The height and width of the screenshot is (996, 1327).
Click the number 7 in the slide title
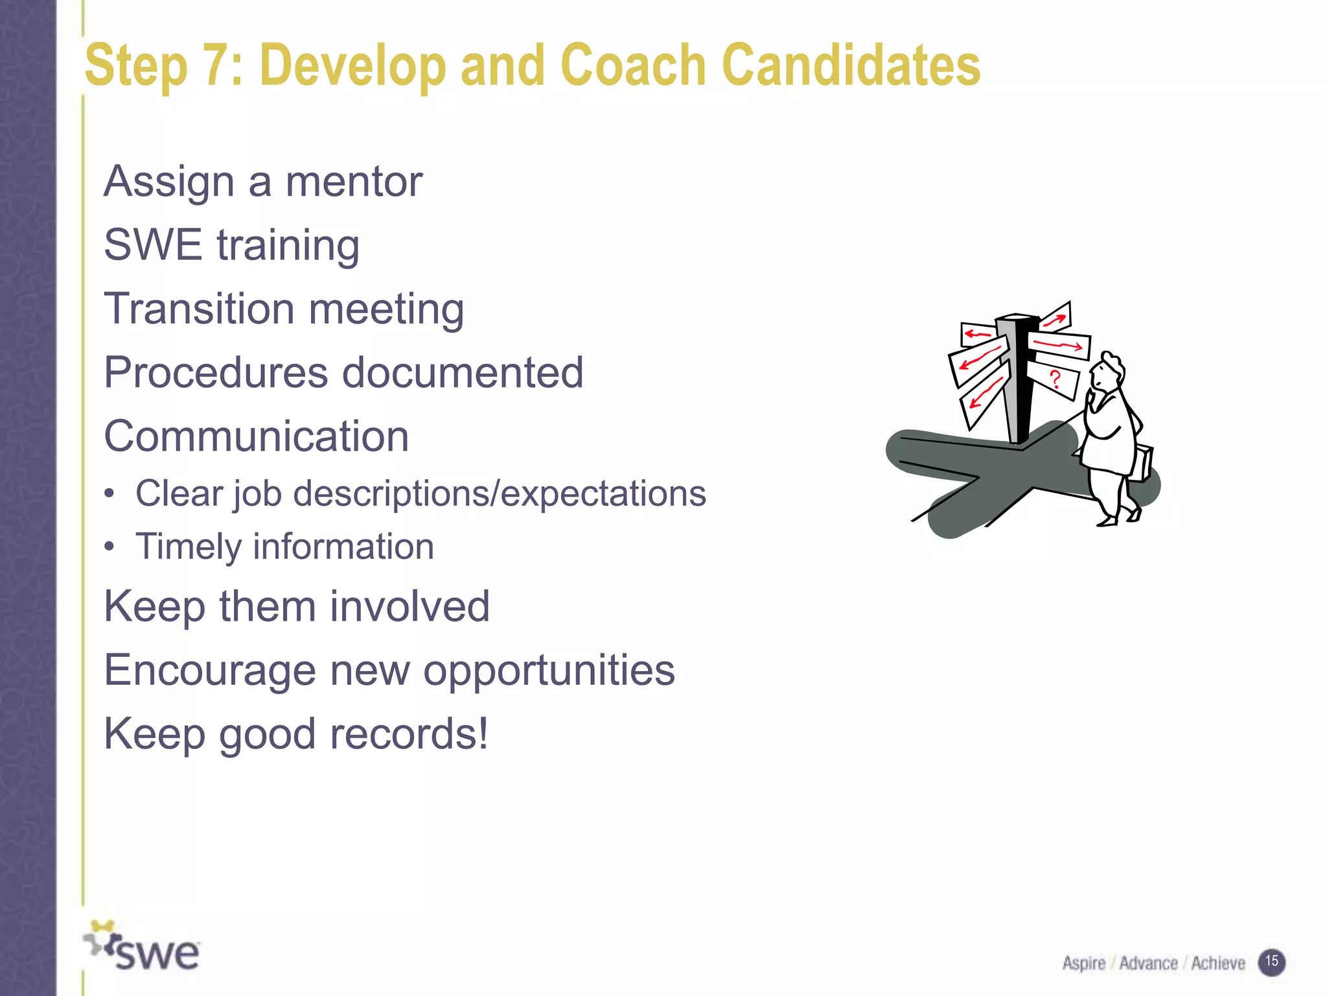(218, 65)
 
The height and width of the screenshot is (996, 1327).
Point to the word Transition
(199, 309)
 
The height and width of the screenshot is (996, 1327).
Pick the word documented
(463, 373)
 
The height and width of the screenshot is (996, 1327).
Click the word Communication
(257, 436)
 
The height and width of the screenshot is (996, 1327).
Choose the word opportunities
(549, 670)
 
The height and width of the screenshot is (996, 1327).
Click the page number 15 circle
(1271, 962)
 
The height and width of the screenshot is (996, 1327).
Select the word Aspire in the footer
(1083, 964)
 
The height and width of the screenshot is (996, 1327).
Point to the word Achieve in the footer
(1218, 964)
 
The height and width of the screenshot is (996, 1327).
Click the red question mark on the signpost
(1056, 379)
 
